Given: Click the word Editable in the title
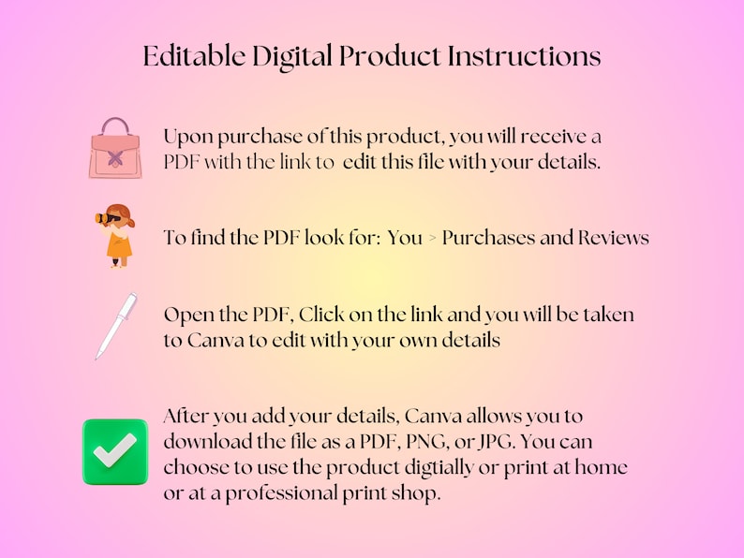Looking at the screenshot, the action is [x=194, y=55].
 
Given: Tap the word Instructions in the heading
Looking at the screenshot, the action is [x=525, y=55].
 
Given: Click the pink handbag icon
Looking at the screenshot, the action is [x=115, y=148].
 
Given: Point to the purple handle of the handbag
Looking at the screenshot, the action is [x=115, y=125].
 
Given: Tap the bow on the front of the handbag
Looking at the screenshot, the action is [x=115, y=158].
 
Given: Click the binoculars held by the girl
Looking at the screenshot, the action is [x=106, y=218].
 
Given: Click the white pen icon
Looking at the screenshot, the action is [x=116, y=326].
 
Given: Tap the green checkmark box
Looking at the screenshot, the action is [x=115, y=452].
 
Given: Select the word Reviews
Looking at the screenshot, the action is [x=614, y=238].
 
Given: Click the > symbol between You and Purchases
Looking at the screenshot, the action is [x=432, y=239].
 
